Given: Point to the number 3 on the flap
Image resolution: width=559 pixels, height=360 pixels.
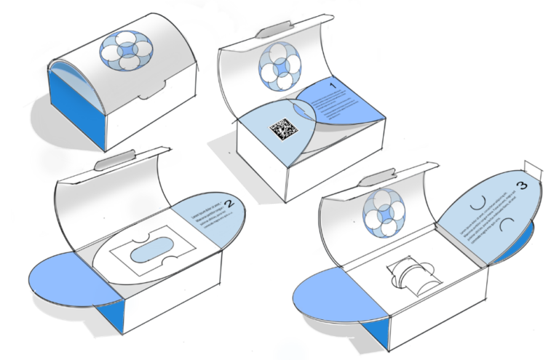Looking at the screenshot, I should click(521, 185).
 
